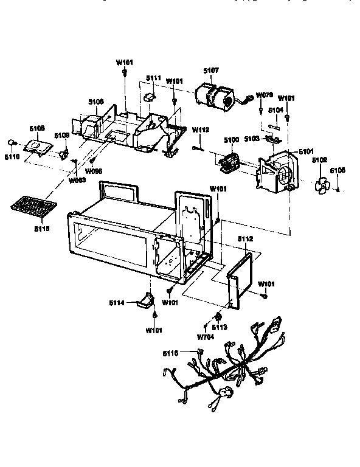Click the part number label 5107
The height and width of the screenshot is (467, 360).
pos(211,71)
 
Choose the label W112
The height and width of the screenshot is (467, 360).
pos(201,130)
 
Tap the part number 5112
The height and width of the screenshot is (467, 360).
pos(244,239)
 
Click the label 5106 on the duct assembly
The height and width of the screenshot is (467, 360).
pos(96,102)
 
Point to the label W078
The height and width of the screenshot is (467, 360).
pos(264,95)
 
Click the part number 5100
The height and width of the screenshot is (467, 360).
pos(232,140)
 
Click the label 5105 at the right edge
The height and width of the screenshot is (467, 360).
pos(337,171)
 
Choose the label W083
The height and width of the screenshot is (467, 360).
pos(77,181)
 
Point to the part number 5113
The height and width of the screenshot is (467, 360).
pos(220,327)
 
